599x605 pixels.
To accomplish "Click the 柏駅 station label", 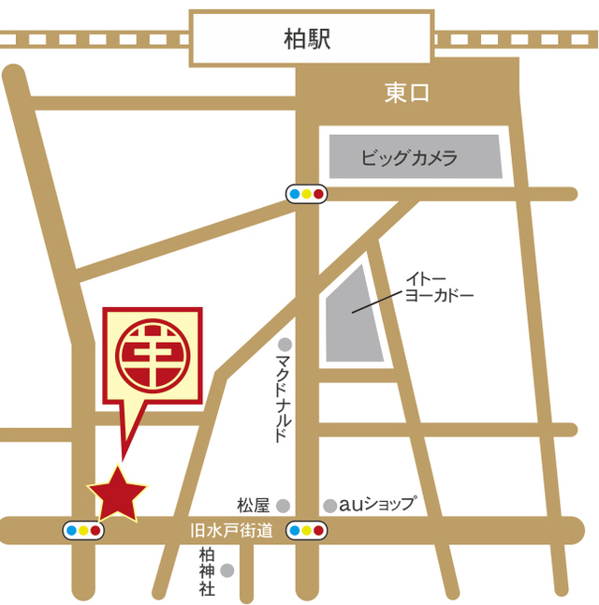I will [x=309, y=38].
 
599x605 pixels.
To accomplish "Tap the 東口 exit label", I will [x=407, y=94].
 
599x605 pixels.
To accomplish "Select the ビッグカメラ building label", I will [x=409, y=157].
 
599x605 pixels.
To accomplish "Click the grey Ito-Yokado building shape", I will [x=356, y=318].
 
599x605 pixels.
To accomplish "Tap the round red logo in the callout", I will [x=153, y=357].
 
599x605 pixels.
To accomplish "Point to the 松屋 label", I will [x=253, y=505].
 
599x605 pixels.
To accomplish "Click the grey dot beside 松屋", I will [x=283, y=505].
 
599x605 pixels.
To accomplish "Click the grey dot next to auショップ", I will [x=329, y=506].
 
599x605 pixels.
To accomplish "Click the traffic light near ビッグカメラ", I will [x=306, y=194].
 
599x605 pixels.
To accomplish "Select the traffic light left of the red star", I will [x=82, y=531].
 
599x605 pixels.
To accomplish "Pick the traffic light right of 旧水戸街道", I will [x=306, y=531].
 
